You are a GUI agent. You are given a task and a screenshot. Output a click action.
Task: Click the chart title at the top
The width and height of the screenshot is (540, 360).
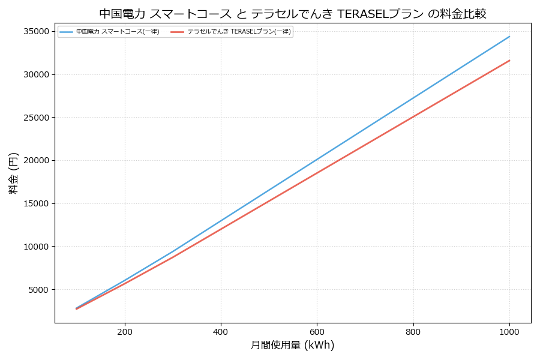pos(293,14)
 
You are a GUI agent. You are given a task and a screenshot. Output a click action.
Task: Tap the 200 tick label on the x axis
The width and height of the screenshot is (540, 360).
pos(125,331)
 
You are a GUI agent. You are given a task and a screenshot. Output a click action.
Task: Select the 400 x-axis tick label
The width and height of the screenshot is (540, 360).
pos(221,331)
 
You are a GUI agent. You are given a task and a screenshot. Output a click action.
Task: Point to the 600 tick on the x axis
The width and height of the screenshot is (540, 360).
pos(317,331)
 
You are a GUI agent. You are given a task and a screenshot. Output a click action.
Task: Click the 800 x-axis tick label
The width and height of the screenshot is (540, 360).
pos(413,331)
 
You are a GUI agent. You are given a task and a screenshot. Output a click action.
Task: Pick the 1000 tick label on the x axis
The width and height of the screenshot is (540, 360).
pos(509,331)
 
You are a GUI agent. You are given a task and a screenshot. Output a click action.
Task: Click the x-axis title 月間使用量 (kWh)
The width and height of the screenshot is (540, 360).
pos(293,346)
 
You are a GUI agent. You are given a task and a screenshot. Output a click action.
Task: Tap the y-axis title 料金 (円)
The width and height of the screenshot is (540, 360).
pos(14,173)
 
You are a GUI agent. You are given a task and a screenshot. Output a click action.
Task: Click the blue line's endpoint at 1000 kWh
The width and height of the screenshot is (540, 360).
pos(509,37)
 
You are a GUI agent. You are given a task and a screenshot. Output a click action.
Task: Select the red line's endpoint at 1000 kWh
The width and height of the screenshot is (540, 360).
pos(509,61)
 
